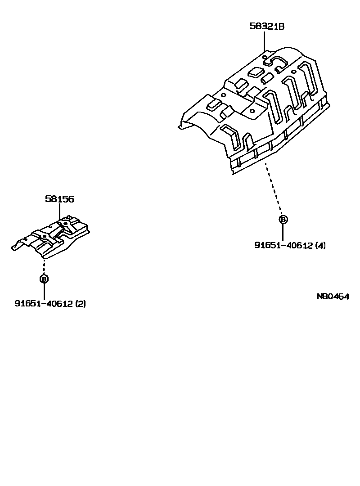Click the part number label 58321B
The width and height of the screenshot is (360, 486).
coord(267,27)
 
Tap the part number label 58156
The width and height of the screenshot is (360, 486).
coord(59,199)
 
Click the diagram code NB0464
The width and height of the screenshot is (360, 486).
coord(333,297)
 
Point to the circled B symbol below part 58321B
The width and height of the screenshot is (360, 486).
coord(283,220)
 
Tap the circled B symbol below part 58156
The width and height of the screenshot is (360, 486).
coord(44,279)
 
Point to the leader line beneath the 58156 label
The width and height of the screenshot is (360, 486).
coord(59,212)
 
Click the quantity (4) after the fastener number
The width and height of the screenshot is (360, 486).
coord(320,245)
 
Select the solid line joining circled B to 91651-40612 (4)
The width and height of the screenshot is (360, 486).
coord(283,232)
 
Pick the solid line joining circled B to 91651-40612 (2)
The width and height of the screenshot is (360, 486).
coord(44,291)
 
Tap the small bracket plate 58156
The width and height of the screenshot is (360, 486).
coord(54,238)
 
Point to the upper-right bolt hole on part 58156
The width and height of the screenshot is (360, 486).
coord(66,223)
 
